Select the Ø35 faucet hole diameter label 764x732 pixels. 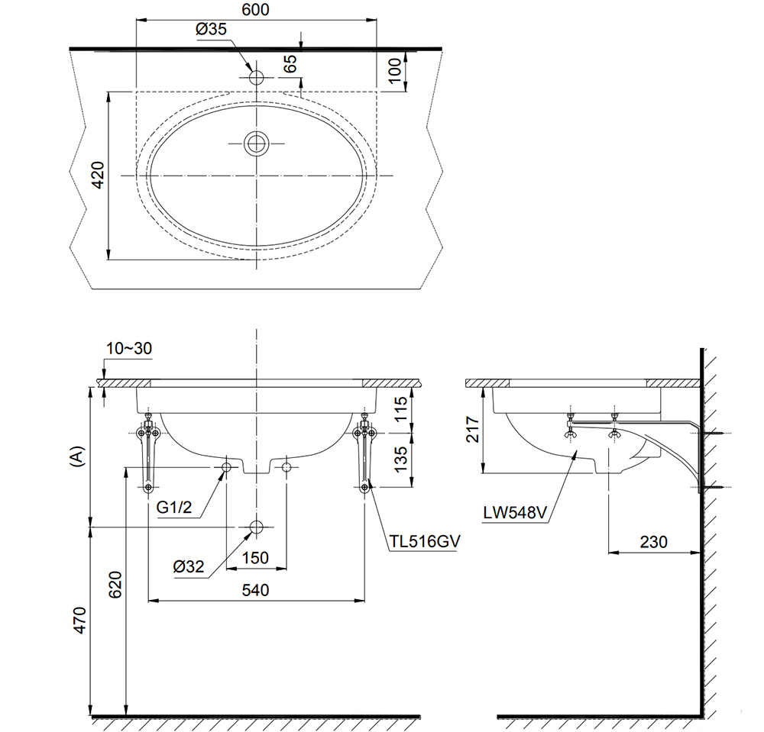pos(212,29)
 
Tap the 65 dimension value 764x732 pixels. pos(290,63)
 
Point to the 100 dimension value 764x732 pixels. pos(394,69)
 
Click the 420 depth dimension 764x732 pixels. pos(97,176)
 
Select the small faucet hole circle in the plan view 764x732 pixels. pos(256,78)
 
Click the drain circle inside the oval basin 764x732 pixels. pos(256,143)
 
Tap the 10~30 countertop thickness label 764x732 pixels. pos(129,348)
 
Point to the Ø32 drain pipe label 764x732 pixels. pos(189,566)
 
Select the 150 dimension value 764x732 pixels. pos(255,558)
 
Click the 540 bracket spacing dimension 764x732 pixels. pos(255,590)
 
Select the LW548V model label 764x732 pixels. pos(514,512)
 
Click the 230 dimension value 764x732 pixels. pos(653,542)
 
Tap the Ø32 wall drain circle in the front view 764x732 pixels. pos(256,527)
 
